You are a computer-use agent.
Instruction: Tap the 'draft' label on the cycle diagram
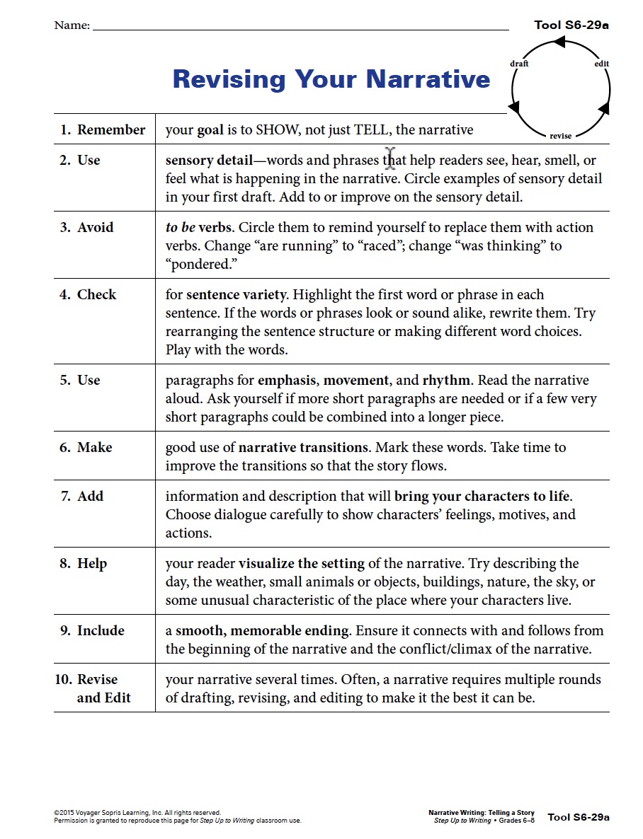click(x=519, y=64)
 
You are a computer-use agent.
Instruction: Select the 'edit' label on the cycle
click(x=601, y=64)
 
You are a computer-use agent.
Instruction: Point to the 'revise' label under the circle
click(x=560, y=135)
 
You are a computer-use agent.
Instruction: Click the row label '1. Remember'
click(x=103, y=129)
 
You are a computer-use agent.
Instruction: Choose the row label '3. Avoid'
click(x=86, y=227)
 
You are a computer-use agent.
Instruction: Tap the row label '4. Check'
click(x=88, y=294)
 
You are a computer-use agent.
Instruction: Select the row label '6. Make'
click(x=86, y=447)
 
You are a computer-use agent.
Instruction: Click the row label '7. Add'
click(x=82, y=496)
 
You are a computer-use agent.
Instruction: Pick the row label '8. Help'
click(x=84, y=563)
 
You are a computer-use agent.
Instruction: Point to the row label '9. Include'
click(x=92, y=630)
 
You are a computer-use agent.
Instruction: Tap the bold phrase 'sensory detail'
click(x=209, y=160)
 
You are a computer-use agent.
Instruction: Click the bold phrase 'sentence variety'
click(x=237, y=294)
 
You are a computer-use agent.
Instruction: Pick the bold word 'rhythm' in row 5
click(x=445, y=380)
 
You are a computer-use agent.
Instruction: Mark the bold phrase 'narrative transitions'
click(x=303, y=447)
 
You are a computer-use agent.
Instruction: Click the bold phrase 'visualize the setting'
click(x=302, y=563)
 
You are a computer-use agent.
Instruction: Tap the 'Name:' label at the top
click(x=72, y=25)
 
